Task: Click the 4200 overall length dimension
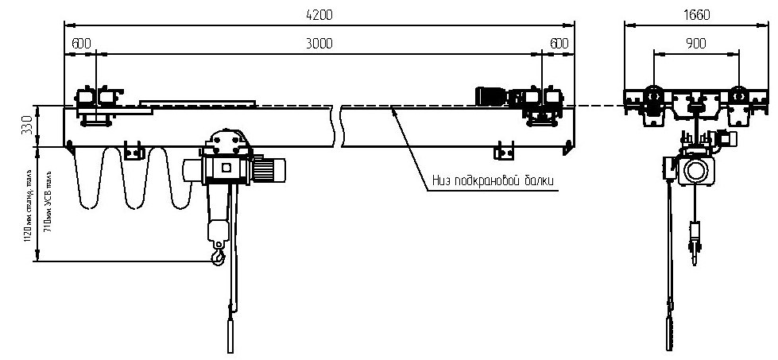tap(319, 14)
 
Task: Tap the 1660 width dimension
tap(696, 14)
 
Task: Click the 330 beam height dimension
tap(26, 126)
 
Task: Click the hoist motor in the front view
tap(274, 168)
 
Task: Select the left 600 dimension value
tap(80, 43)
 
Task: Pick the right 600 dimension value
tap(559, 43)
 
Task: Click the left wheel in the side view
tap(653, 96)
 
